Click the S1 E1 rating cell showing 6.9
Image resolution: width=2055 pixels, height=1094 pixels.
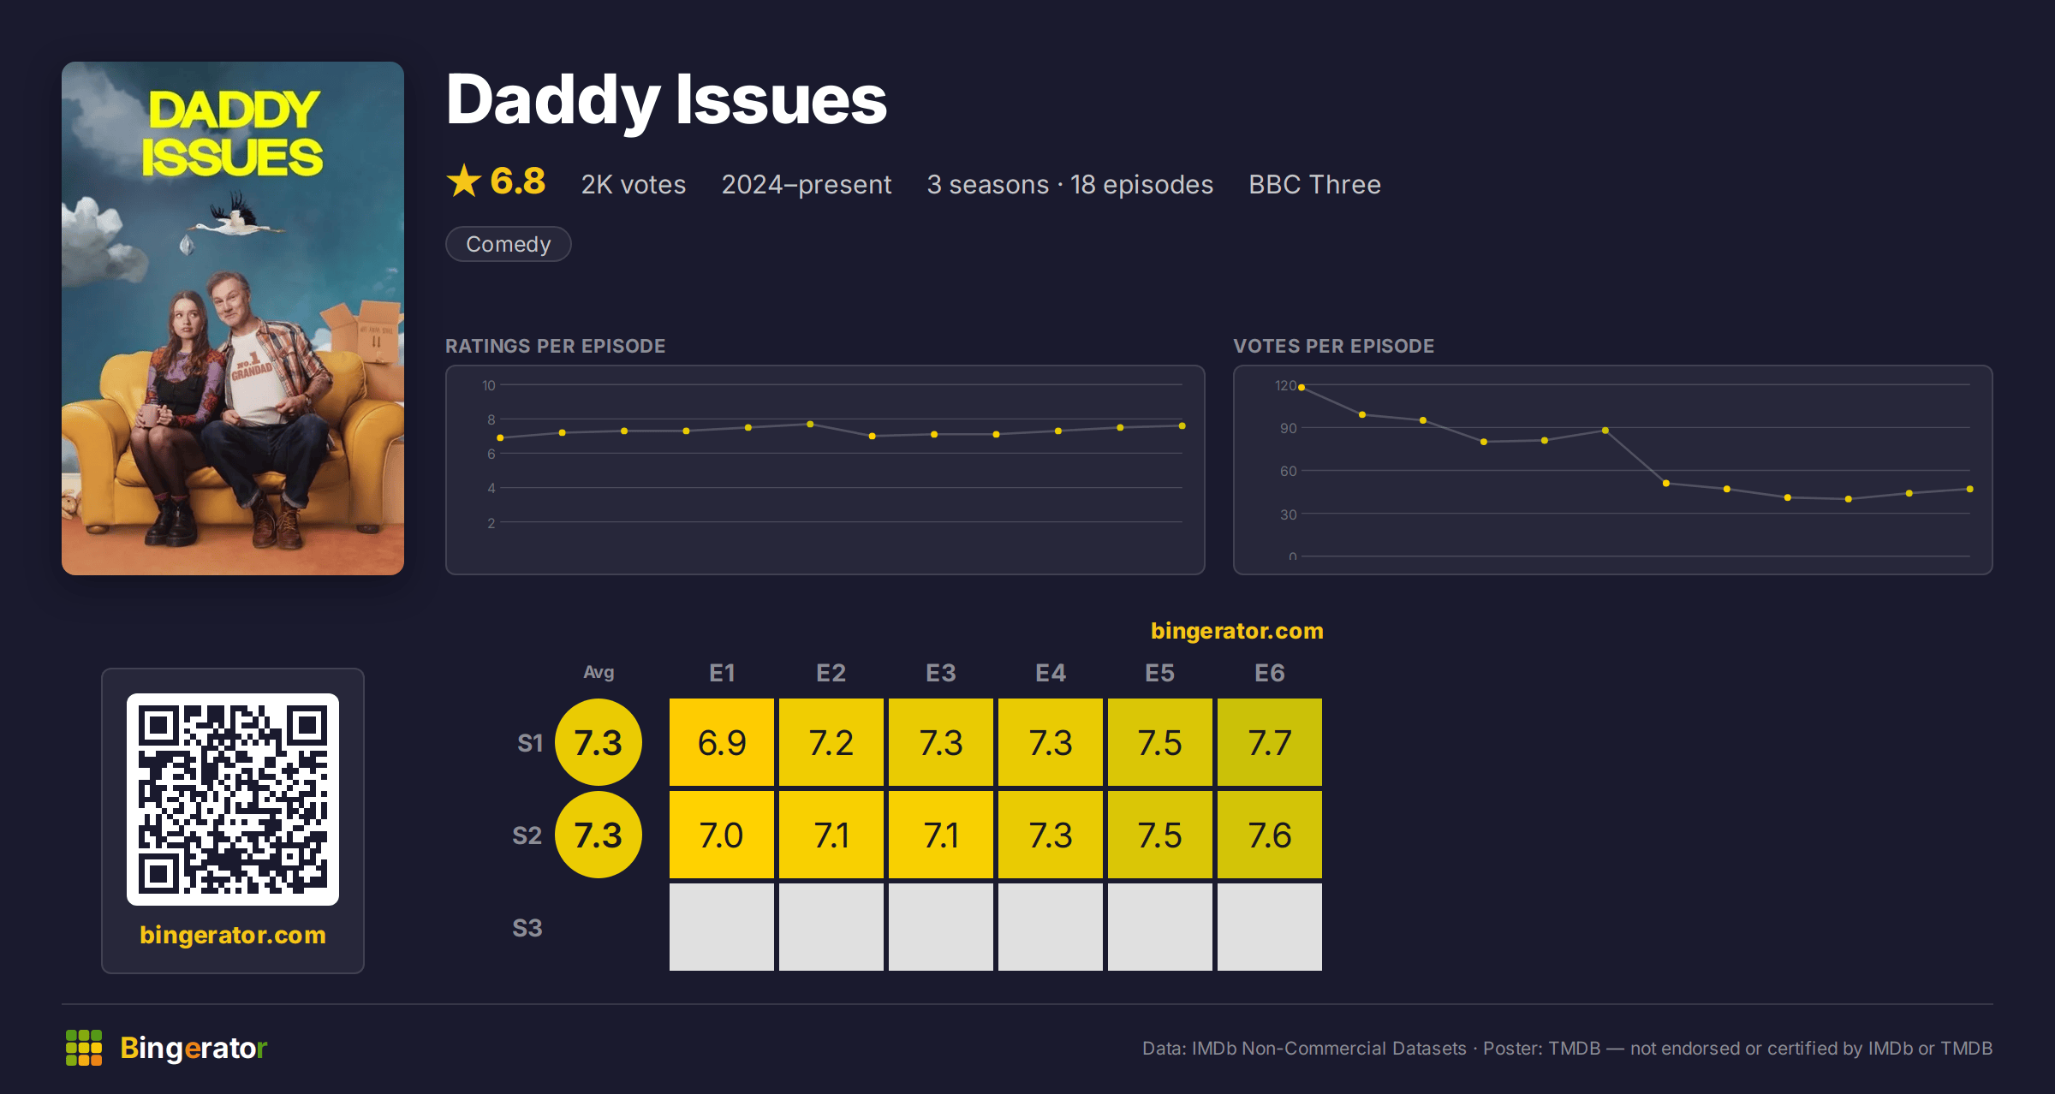pyautogui.click(x=722, y=742)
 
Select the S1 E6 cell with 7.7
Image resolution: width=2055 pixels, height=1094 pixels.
pyautogui.click(x=1270, y=742)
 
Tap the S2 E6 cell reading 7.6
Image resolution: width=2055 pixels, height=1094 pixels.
pyautogui.click(x=1270, y=835)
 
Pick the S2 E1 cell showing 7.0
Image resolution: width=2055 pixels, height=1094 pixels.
pyautogui.click(x=722, y=835)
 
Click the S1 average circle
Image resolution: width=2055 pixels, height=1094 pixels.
pyautogui.click(x=599, y=742)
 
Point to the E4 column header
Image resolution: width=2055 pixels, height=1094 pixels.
pyautogui.click(x=1051, y=673)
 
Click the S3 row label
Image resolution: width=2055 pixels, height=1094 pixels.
pyautogui.click(x=527, y=928)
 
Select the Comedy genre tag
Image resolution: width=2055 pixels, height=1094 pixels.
pyautogui.click(x=509, y=244)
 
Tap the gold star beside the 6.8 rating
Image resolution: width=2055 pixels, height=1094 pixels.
pyautogui.click(x=464, y=181)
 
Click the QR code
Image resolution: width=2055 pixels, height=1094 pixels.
pyautogui.click(x=233, y=800)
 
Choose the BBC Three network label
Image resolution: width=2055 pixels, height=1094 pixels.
pyautogui.click(x=1314, y=184)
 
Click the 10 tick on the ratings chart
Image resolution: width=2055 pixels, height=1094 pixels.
pyautogui.click(x=488, y=385)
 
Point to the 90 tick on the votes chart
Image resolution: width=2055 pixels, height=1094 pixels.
pyautogui.click(x=1288, y=428)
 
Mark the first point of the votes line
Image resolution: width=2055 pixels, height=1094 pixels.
pyautogui.click(x=1301, y=388)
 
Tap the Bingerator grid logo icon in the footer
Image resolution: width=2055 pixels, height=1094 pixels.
pyautogui.click(x=84, y=1048)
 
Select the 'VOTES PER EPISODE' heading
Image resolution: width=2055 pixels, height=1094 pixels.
pyautogui.click(x=1333, y=346)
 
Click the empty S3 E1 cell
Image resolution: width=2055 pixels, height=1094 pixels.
pyautogui.click(x=722, y=927)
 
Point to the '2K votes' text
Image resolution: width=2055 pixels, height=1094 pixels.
pyautogui.click(x=634, y=184)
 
